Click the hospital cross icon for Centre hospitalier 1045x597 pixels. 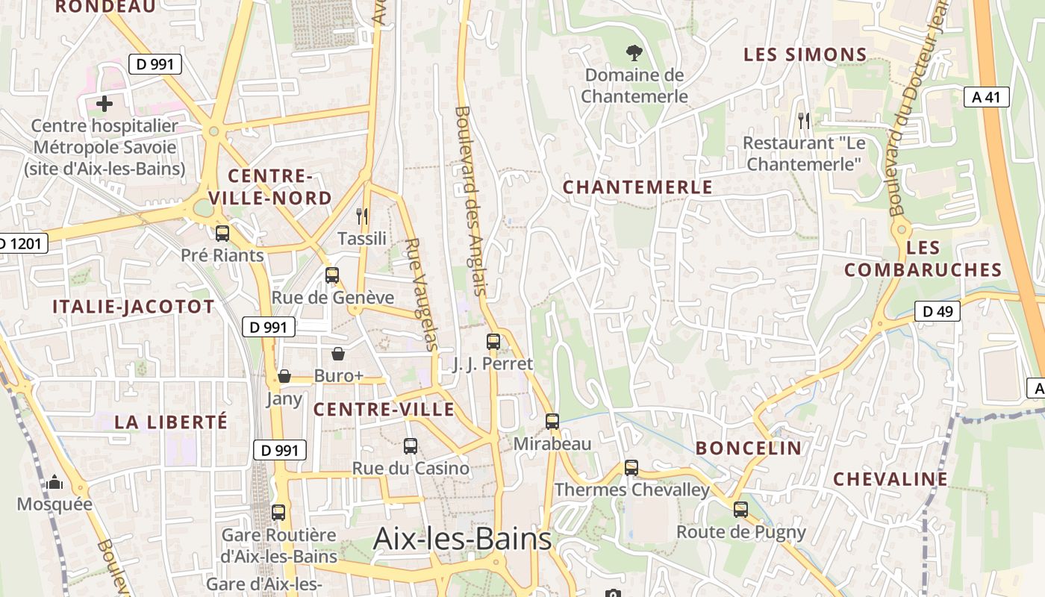click(x=104, y=104)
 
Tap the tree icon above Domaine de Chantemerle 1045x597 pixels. click(x=634, y=53)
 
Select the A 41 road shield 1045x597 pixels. click(x=986, y=97)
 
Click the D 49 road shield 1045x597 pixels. click(x=938, y=312)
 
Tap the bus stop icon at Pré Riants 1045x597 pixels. click(x=222, y=234)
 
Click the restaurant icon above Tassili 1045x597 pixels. click(x=362, y=216)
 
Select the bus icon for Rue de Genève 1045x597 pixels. click(x=332, y=275)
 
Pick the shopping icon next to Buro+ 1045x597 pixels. click(x=338, y=354)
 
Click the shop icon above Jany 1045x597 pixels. click(x=284, y=376)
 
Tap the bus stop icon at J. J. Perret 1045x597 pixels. click(x=493, y=342)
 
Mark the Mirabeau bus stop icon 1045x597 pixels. click(x=552, y=422)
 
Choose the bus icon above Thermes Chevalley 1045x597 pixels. click(x=631, y=468)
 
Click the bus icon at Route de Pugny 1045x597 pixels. click(x=740, y=510)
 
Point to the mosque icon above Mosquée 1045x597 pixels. click(x=54, y=483)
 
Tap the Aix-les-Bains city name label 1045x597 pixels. click(x=462, y=538)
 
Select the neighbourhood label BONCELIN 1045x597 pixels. click(x=749, y=448)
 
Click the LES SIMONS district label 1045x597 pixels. click(x=805, y=54)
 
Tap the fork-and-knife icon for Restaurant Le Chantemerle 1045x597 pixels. click(x=804, y=119)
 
